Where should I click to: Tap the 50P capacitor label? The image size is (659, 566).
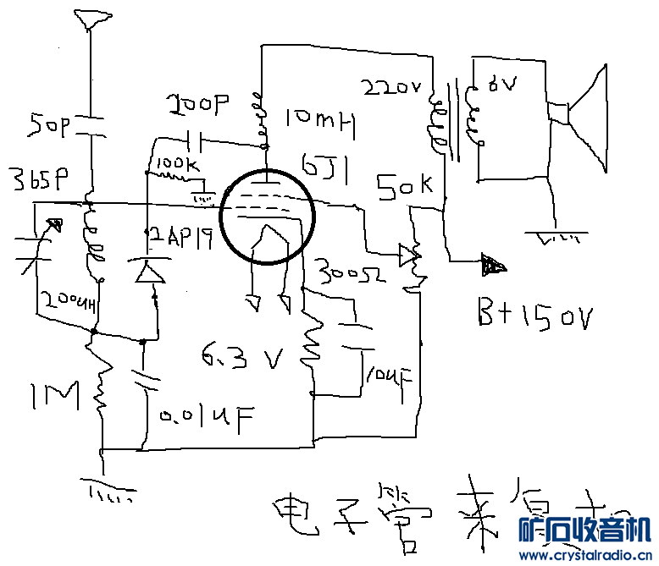[x=51, y=126]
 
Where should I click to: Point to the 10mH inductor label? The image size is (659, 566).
[x=318, y=122]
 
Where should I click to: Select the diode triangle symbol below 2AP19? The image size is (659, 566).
[x=151, y=272]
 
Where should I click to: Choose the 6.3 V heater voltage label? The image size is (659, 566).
[x=241, y=360]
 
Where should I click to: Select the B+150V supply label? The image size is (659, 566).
[x=534, y=317]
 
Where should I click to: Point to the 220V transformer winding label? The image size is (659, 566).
[x=391, y=87]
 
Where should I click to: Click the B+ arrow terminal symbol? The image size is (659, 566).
[x=492, y=265]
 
